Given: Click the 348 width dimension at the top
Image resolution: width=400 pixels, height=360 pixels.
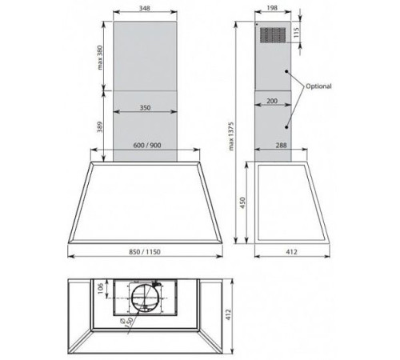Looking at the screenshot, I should pos(145,9).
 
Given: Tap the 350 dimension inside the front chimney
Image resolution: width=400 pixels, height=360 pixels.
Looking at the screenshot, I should pos(146,106).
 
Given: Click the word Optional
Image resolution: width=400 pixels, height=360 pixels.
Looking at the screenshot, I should pos(318,86).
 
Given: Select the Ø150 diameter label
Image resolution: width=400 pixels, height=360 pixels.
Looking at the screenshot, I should pos(125,323).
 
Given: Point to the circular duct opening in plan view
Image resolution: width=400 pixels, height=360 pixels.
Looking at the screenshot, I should pos(145,299).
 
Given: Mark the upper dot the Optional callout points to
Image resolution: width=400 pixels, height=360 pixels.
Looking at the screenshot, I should pos(288,74).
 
